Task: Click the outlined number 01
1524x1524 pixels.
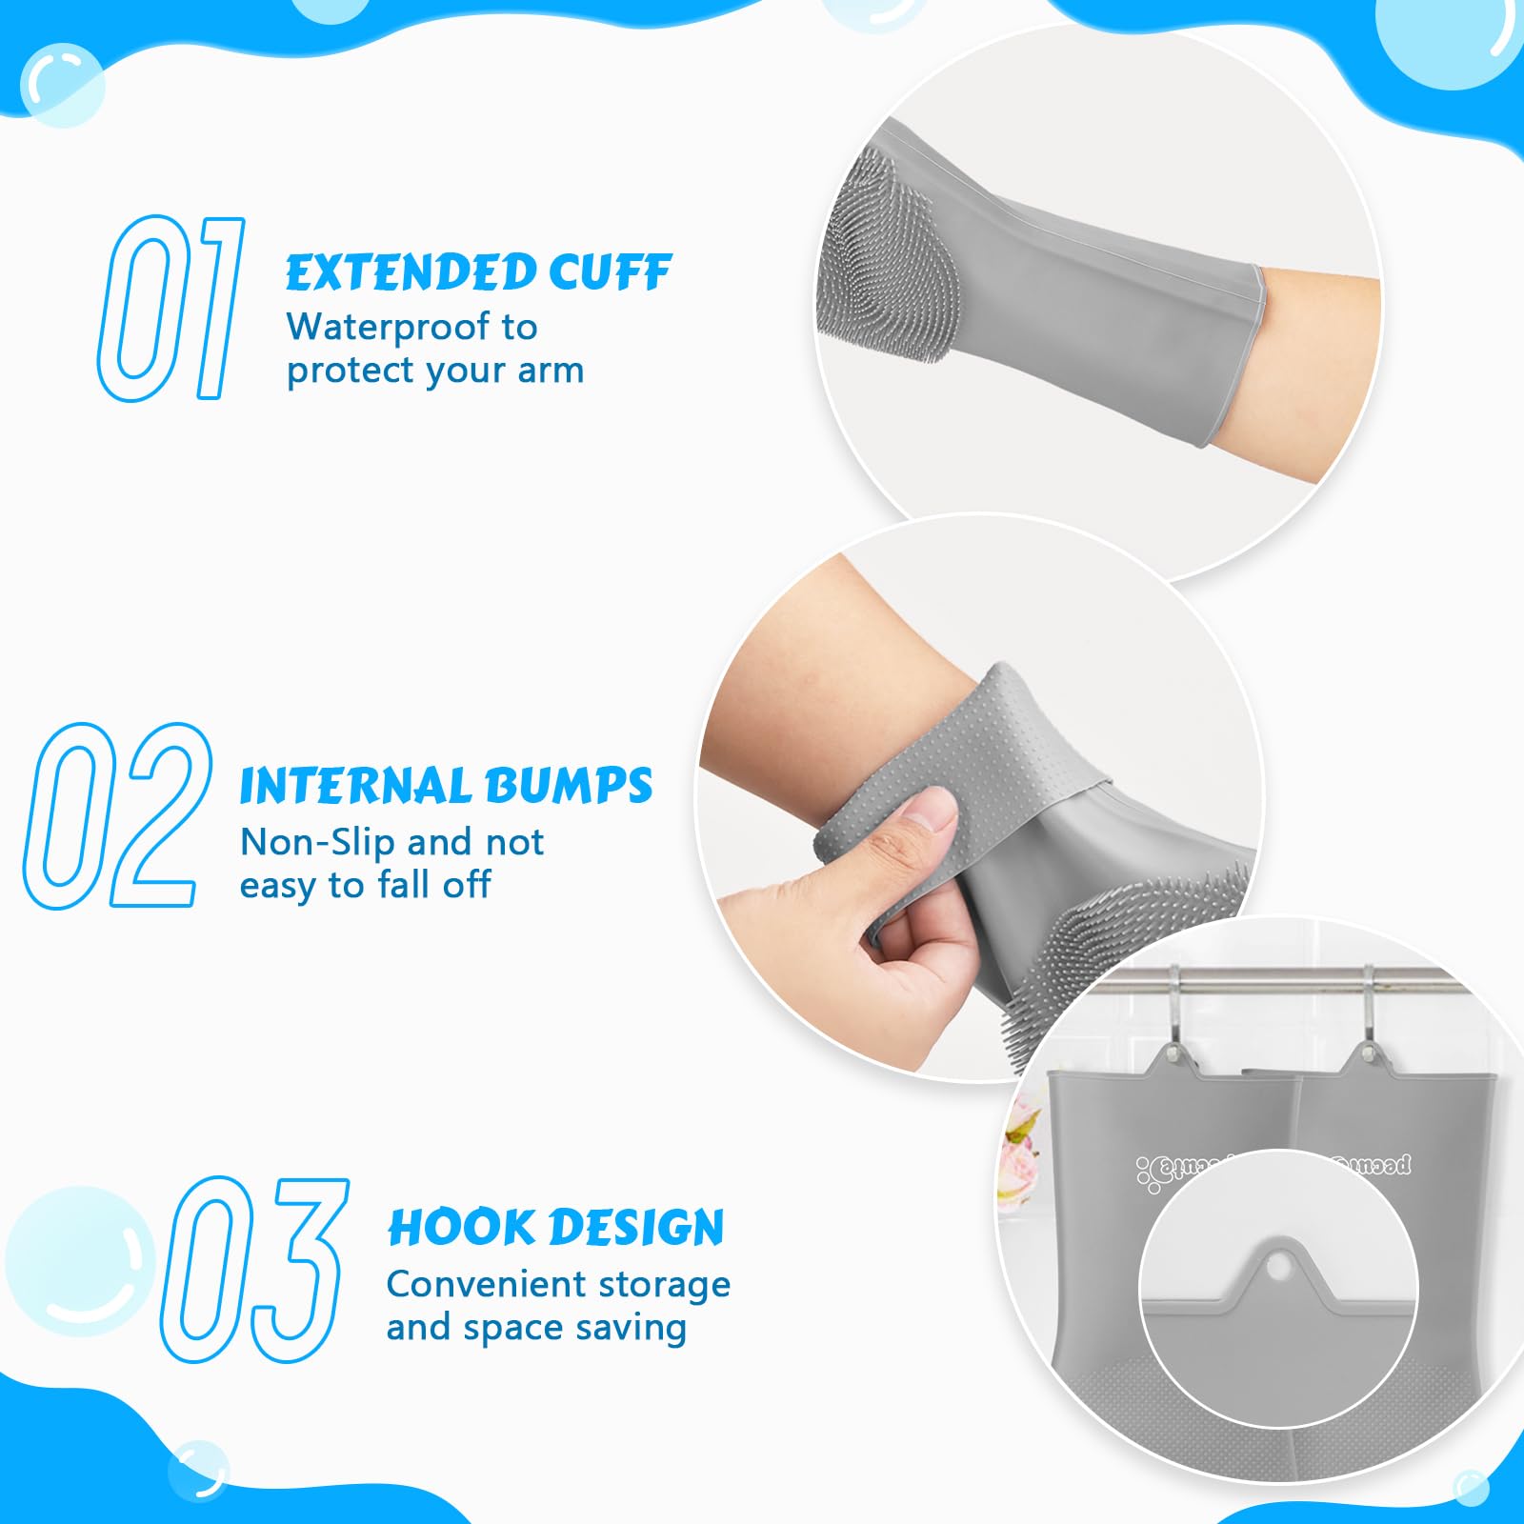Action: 170,307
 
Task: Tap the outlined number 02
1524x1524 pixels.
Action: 116,815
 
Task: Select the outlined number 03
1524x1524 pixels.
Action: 253,1269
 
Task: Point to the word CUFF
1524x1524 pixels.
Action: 610,273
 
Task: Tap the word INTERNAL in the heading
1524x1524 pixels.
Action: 356,787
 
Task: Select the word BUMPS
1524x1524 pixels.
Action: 569,787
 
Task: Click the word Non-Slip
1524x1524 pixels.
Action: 317,842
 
